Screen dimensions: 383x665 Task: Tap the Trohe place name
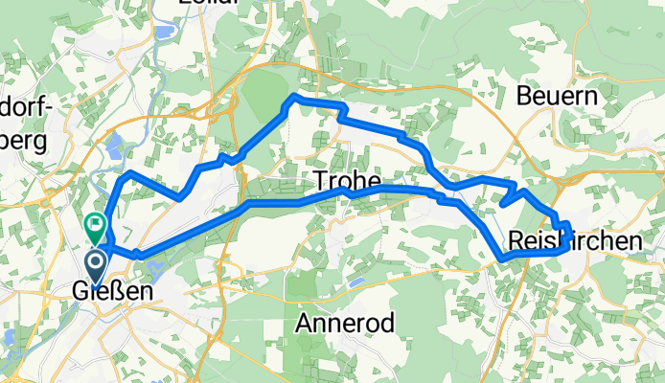(x=347, y=181)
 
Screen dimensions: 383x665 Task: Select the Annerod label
(x=346, y=323)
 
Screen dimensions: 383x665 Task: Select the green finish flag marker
(x=95, y=228)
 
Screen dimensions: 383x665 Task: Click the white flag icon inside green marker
(x=95, y=224)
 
